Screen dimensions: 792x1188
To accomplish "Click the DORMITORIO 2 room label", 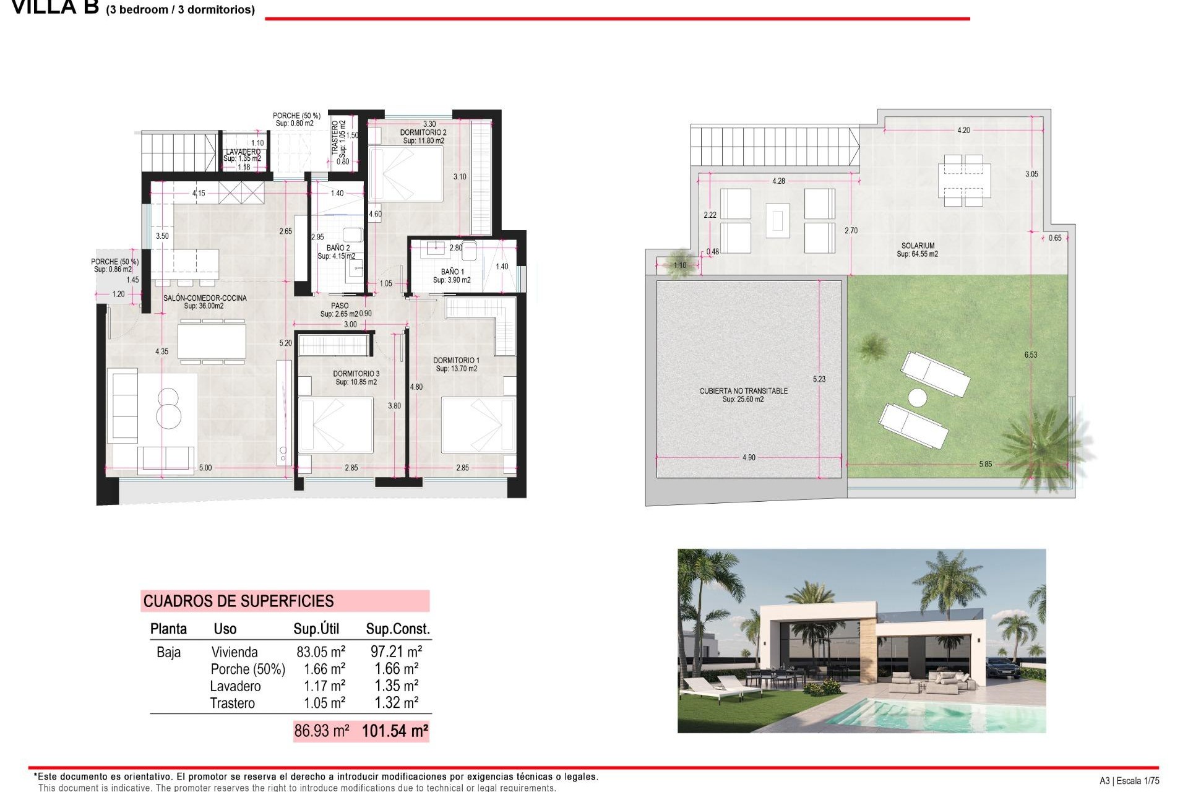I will (x=423, y=132).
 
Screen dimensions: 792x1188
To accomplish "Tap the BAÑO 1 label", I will (x=452, y=272).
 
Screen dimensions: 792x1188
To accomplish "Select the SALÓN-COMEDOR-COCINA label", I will (x=205, y=298).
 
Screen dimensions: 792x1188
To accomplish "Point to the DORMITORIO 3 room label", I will (x=356, y=374).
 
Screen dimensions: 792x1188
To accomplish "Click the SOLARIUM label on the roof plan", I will (x=918, y=246).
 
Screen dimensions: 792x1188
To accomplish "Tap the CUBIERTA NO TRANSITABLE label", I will (x=744, y=391).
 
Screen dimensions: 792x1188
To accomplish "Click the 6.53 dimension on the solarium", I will (x=1030, y=355).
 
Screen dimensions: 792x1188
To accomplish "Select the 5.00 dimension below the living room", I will (x=205, y=468).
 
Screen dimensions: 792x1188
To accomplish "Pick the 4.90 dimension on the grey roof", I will (x=749, y=457).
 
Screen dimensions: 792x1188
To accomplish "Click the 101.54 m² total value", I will (x=395, y=731).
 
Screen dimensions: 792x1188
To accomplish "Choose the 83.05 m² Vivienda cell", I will (x=321, y=652).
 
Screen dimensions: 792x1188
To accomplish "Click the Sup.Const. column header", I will (x=397, y=629).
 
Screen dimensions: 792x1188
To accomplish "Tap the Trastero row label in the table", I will (x=232, y=703).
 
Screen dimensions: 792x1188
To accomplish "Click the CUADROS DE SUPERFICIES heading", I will (x=238, y=601).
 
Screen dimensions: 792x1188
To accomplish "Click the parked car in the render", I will (x=1003, y=669).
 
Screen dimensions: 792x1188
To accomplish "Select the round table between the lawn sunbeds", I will (x=917, y=397).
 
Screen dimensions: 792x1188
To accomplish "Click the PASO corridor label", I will (x=340, y=306).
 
